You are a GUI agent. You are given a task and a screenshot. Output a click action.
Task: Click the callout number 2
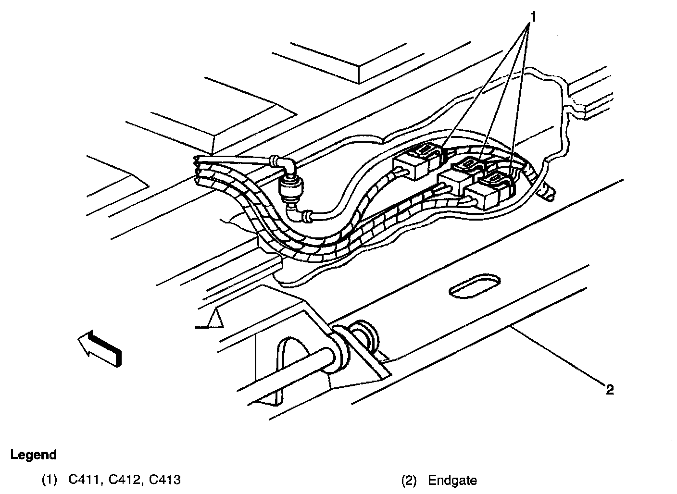[x=610, y=390]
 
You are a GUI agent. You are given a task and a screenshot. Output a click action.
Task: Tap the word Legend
[x=34, y=455]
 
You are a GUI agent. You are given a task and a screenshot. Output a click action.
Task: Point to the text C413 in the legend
[x=164, y=480]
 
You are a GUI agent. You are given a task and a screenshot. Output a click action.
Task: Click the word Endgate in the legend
[x=452, y=480]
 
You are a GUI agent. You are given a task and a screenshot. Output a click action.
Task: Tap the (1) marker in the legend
[x=49, y=480]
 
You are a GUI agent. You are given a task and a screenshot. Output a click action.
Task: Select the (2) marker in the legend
[x=408, y=480]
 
